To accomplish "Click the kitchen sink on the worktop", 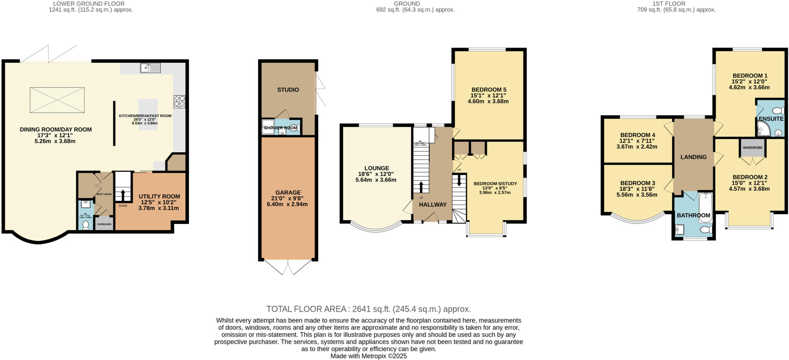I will (x=151, y=68).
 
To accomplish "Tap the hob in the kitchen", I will (x=179, y=101).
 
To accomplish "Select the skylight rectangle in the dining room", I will (x=57, y=100).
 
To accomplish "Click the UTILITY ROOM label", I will (x=159, y=197).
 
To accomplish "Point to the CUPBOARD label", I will (x=104, y=224).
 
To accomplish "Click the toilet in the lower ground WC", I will (x=86, y=225).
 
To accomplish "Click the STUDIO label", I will (x=288, y=90).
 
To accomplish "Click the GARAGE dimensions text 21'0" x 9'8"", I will (x=288, y=199).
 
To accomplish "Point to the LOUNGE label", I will (x=376, y=168).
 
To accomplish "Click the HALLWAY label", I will (x=433, y=205).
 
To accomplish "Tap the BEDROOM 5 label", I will (x=488, y=90).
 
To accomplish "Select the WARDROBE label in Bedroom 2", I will (x=752, y=148).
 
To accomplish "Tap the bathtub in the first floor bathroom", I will (x=706, y=207).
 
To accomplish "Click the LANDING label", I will (x=693, y=157).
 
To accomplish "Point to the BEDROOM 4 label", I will (x=637, y=135).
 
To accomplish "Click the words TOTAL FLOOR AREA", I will (x=307, y=309).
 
